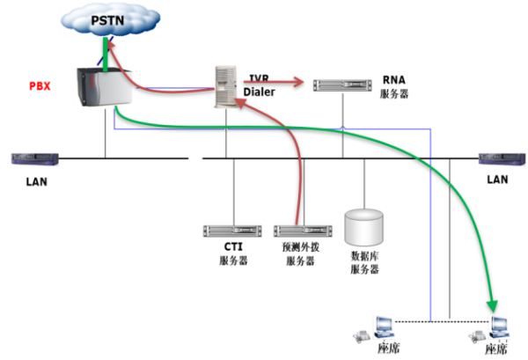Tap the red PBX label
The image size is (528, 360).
coord(39,86)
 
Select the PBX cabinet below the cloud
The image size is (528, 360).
coord(105,86)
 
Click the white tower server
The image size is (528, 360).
coord(225,86)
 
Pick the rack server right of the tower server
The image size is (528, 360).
coord(342,85)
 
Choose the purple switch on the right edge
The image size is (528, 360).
coord(502,159)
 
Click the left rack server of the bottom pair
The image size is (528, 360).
coord(233,231)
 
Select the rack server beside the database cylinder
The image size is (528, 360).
coord(304,231)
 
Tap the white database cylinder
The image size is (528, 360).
coord(364,227)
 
